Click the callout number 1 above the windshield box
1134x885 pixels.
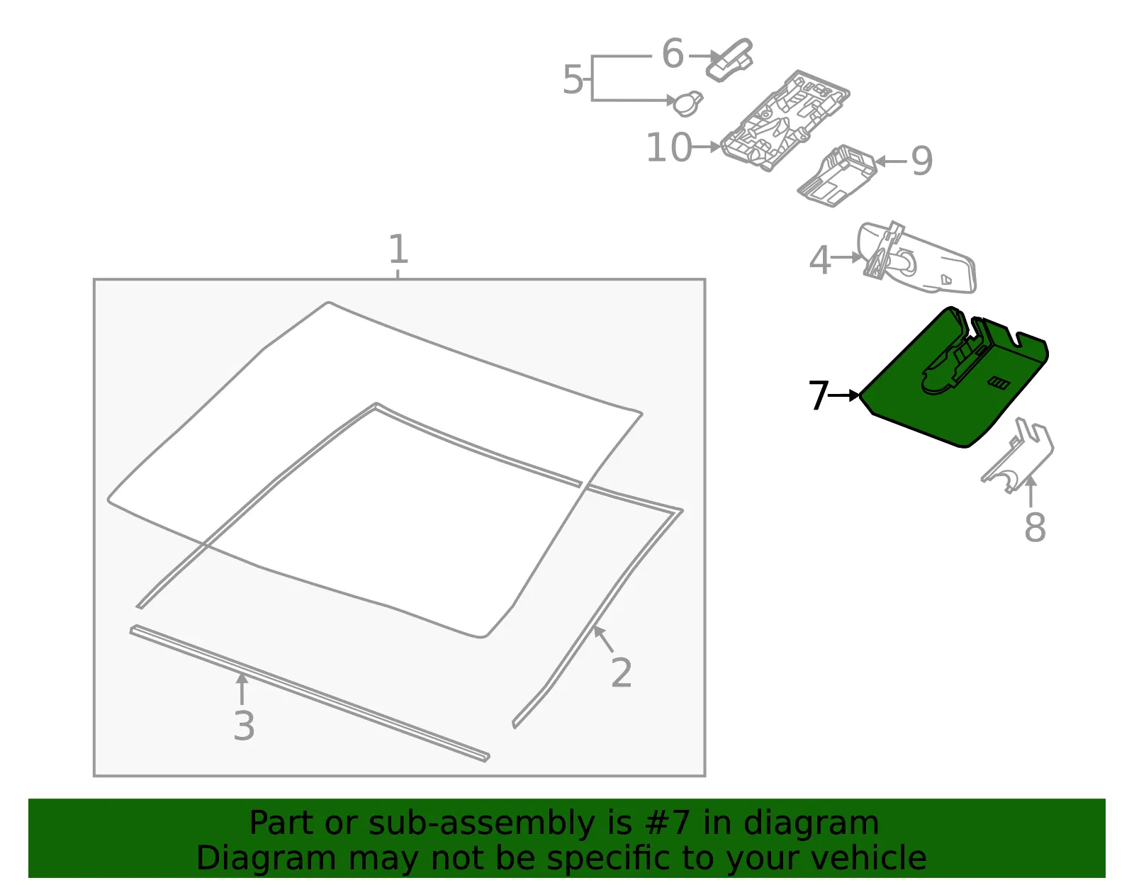pos(398,249)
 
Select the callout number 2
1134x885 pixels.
pos(621,672)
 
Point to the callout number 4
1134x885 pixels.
pos(819,260)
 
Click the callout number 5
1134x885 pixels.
pos(573,79)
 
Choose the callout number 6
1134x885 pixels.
pos(673,53)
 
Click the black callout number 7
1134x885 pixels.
pos(818,395)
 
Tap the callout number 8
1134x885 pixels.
pos(1035,527)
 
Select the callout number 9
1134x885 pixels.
pos(921,161)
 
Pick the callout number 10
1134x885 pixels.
pos(669,147)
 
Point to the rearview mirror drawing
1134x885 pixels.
pos(917,257)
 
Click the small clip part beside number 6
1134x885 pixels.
pos(729,60)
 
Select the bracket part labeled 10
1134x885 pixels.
pos(785,120)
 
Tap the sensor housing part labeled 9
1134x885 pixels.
pos(838,176)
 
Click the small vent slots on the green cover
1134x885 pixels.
pos(999,383)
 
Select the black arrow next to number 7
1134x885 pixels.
pos(844,396)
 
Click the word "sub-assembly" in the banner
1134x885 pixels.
pos(482,823)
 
